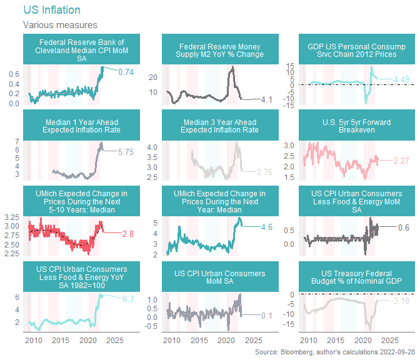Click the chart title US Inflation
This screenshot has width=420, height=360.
point(51,11)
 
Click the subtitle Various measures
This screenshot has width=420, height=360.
point(60,25)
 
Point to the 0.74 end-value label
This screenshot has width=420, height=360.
point(126,72)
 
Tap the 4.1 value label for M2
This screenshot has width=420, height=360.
point(267,99)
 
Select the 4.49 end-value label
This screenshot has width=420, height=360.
point(401,79)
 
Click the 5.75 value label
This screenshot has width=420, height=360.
point(126,151)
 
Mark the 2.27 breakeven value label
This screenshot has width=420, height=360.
point(401,161)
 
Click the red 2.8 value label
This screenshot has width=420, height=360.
point(128,233)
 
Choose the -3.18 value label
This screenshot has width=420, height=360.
point(401,301)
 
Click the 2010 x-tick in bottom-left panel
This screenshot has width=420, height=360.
point(33,341)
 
